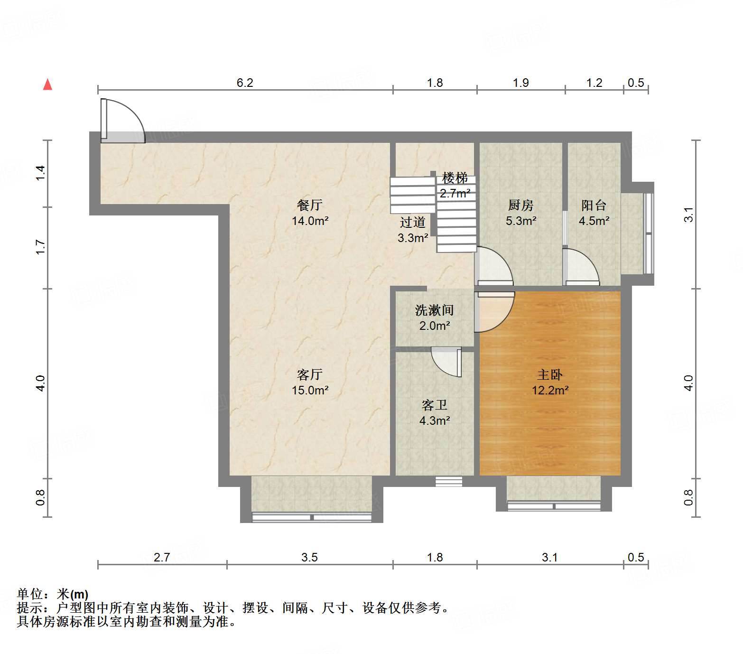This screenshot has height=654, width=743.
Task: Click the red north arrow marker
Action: (x=47, y=84)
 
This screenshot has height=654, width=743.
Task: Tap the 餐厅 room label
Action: (x=310, y=205)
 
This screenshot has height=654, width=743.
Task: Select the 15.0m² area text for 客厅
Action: (x=310, y=390)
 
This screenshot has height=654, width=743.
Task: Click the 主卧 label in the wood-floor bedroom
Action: (x=550, y=375)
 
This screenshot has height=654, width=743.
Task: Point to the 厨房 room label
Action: (x=520, y=205)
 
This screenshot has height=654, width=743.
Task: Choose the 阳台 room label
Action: (x=594, y=205)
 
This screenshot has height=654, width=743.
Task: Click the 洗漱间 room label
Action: (x=434, y=310)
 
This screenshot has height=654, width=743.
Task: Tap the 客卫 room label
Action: (x=434, y=405)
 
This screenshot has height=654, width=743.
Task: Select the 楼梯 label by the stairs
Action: (x=455, y=178)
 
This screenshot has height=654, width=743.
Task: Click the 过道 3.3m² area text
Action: (x=413, y=238)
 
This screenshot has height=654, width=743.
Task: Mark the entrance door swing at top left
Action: (x=122, y=120)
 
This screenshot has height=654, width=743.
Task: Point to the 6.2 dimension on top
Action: (x=245, y=83)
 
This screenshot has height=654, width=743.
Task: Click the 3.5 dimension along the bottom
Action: (x=309, y=557)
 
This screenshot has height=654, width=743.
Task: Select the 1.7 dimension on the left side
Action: (x=40, y=247)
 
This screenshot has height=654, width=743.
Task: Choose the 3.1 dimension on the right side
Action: (x=688, y=215)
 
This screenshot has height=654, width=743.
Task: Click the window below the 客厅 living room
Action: (x=311, y=517)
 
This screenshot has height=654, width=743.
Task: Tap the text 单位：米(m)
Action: (x=53, y=594)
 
